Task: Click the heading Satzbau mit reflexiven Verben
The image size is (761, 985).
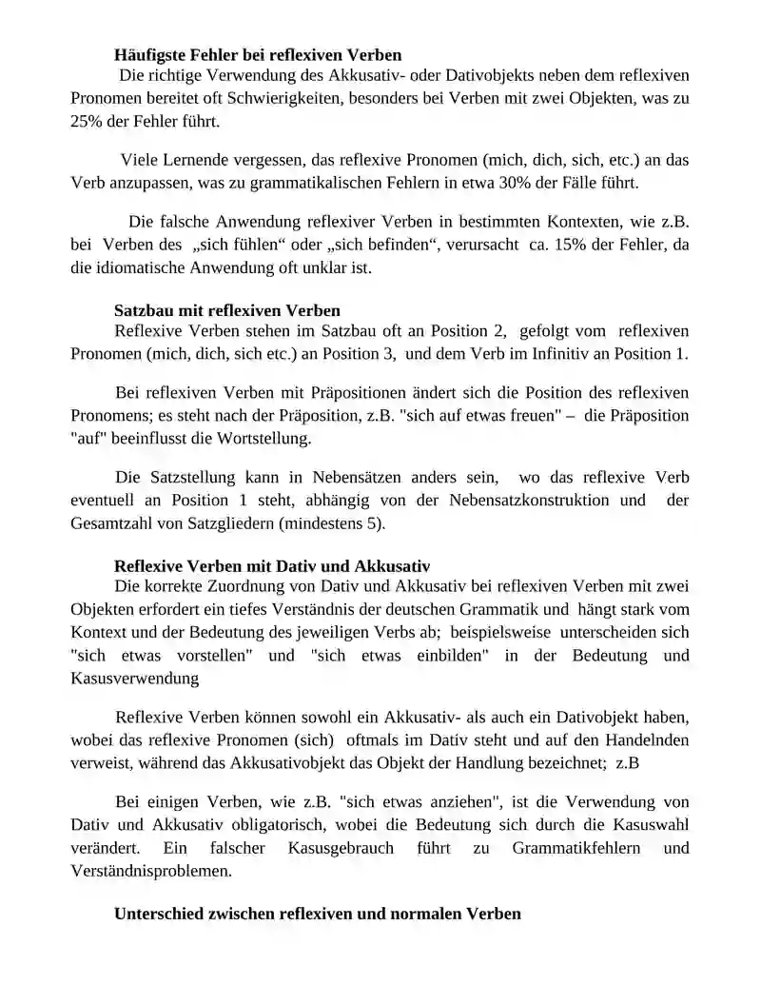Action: [x=226, y=309]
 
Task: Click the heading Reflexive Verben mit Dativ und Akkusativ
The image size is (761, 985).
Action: [x=272, y=565]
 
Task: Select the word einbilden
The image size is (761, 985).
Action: [x=450, y=656]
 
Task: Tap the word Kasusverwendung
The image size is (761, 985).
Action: [x=134, y=679]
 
